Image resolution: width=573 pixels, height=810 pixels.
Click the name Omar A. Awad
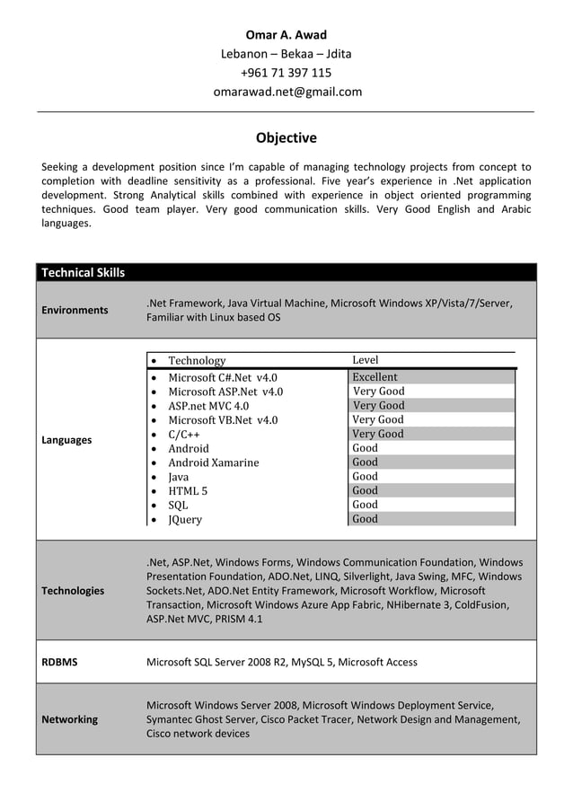click(x=286, y=35)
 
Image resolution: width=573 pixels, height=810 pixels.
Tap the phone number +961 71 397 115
click(x=286, y=73)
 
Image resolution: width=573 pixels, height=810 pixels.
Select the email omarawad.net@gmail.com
click(x=286, y=92)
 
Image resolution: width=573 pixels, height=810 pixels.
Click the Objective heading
click(x=286, y=138)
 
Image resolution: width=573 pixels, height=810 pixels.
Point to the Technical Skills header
click(x=84, y=272)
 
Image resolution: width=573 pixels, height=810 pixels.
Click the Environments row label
click(x=75, y=310)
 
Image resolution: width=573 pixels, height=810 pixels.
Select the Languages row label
click(x=66, y=440)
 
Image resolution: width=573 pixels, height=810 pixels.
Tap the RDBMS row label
click(x=60, y=662)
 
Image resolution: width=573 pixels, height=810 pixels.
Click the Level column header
click(x=366, y=360)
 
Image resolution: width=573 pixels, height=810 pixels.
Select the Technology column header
click(x=197, y=361)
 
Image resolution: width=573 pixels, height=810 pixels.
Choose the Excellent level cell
click(x=375, y=377)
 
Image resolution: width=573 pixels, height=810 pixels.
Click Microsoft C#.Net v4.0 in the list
click(x=223, y=378)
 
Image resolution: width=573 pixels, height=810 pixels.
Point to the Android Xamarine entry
click(x=213, y=462)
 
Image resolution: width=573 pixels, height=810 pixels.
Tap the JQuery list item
click(x=185, y=520)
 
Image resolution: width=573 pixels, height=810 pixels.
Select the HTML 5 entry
click(x=188, y=491)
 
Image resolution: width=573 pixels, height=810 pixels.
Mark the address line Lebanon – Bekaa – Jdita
click(x=286, y=54)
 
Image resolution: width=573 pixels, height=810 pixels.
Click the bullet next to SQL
click(x=155, y=506)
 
